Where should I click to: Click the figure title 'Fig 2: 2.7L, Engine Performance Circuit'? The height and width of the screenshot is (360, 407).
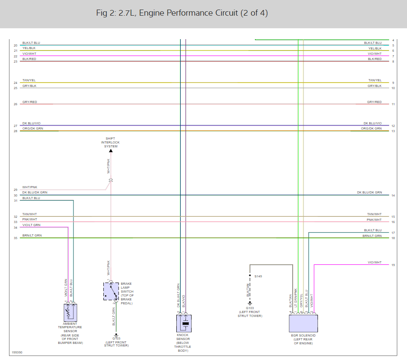[182, 13]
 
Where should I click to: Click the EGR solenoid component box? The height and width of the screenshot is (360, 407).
[303, 323]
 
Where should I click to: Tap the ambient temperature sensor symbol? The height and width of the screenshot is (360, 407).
[70, 313]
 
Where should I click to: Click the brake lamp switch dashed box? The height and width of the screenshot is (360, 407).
[111, 291]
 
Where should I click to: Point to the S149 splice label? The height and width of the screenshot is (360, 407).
[258, 276]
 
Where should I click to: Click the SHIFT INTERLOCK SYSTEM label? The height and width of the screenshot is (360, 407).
[111, 143]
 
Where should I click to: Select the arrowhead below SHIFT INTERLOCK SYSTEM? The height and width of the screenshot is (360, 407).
[111, 150]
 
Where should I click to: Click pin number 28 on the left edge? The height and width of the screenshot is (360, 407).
[15, 131]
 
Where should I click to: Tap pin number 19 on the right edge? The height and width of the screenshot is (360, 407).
[393, 265]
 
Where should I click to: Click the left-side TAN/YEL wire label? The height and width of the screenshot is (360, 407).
[29, 80]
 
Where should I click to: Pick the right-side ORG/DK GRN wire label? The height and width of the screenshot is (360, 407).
[371, 129]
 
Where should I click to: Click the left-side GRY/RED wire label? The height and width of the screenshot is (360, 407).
[30, 102]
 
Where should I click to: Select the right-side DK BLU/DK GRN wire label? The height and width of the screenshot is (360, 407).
[369, 193]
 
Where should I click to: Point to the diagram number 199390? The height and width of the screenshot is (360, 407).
[17, 352]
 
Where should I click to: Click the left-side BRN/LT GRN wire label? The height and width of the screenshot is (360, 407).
[32, 236]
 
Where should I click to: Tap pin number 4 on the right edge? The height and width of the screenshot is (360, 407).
[393, 40]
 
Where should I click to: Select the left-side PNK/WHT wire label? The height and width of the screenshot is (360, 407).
[30, 220]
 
